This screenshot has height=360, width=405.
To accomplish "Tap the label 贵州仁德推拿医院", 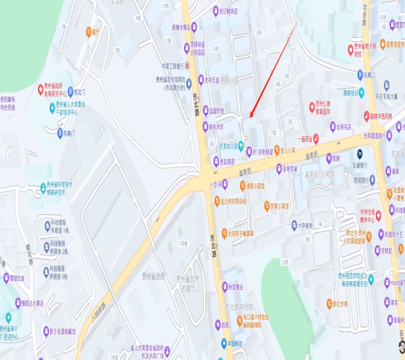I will (323, 108).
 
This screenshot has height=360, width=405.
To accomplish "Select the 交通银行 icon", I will (360, 154).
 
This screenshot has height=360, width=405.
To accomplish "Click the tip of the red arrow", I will (250, 118).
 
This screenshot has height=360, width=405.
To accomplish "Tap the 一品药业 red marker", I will (316, 138).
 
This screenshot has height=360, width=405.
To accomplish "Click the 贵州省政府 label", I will (153, 276).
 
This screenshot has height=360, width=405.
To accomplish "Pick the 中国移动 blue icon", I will (224, 343).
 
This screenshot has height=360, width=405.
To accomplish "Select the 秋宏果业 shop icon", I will (225, 286).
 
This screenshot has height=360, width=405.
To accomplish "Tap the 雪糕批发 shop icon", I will (6, 278).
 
